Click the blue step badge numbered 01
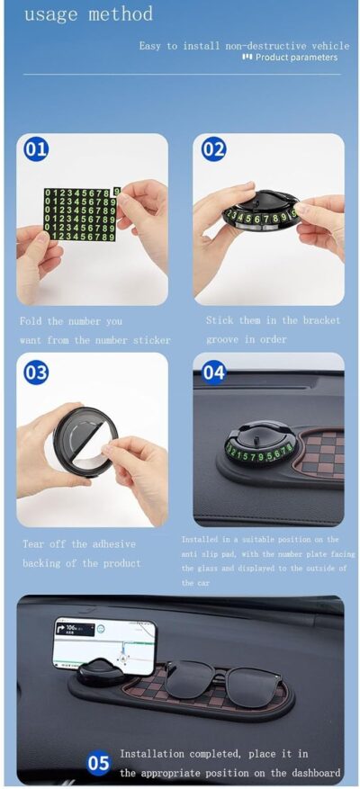click(x=36, y=149)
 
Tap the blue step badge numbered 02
click(x=213, y=149)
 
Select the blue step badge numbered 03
click(x=36, y=372)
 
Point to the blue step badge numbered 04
click(x=213, y=372)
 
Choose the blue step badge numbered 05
click(x=99, y=765)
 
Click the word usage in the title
click(x=49, y=15)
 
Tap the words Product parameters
click(x=296, y=58)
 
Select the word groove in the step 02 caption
click(x=223, y=339)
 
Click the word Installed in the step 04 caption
click(x=200, y=540)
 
